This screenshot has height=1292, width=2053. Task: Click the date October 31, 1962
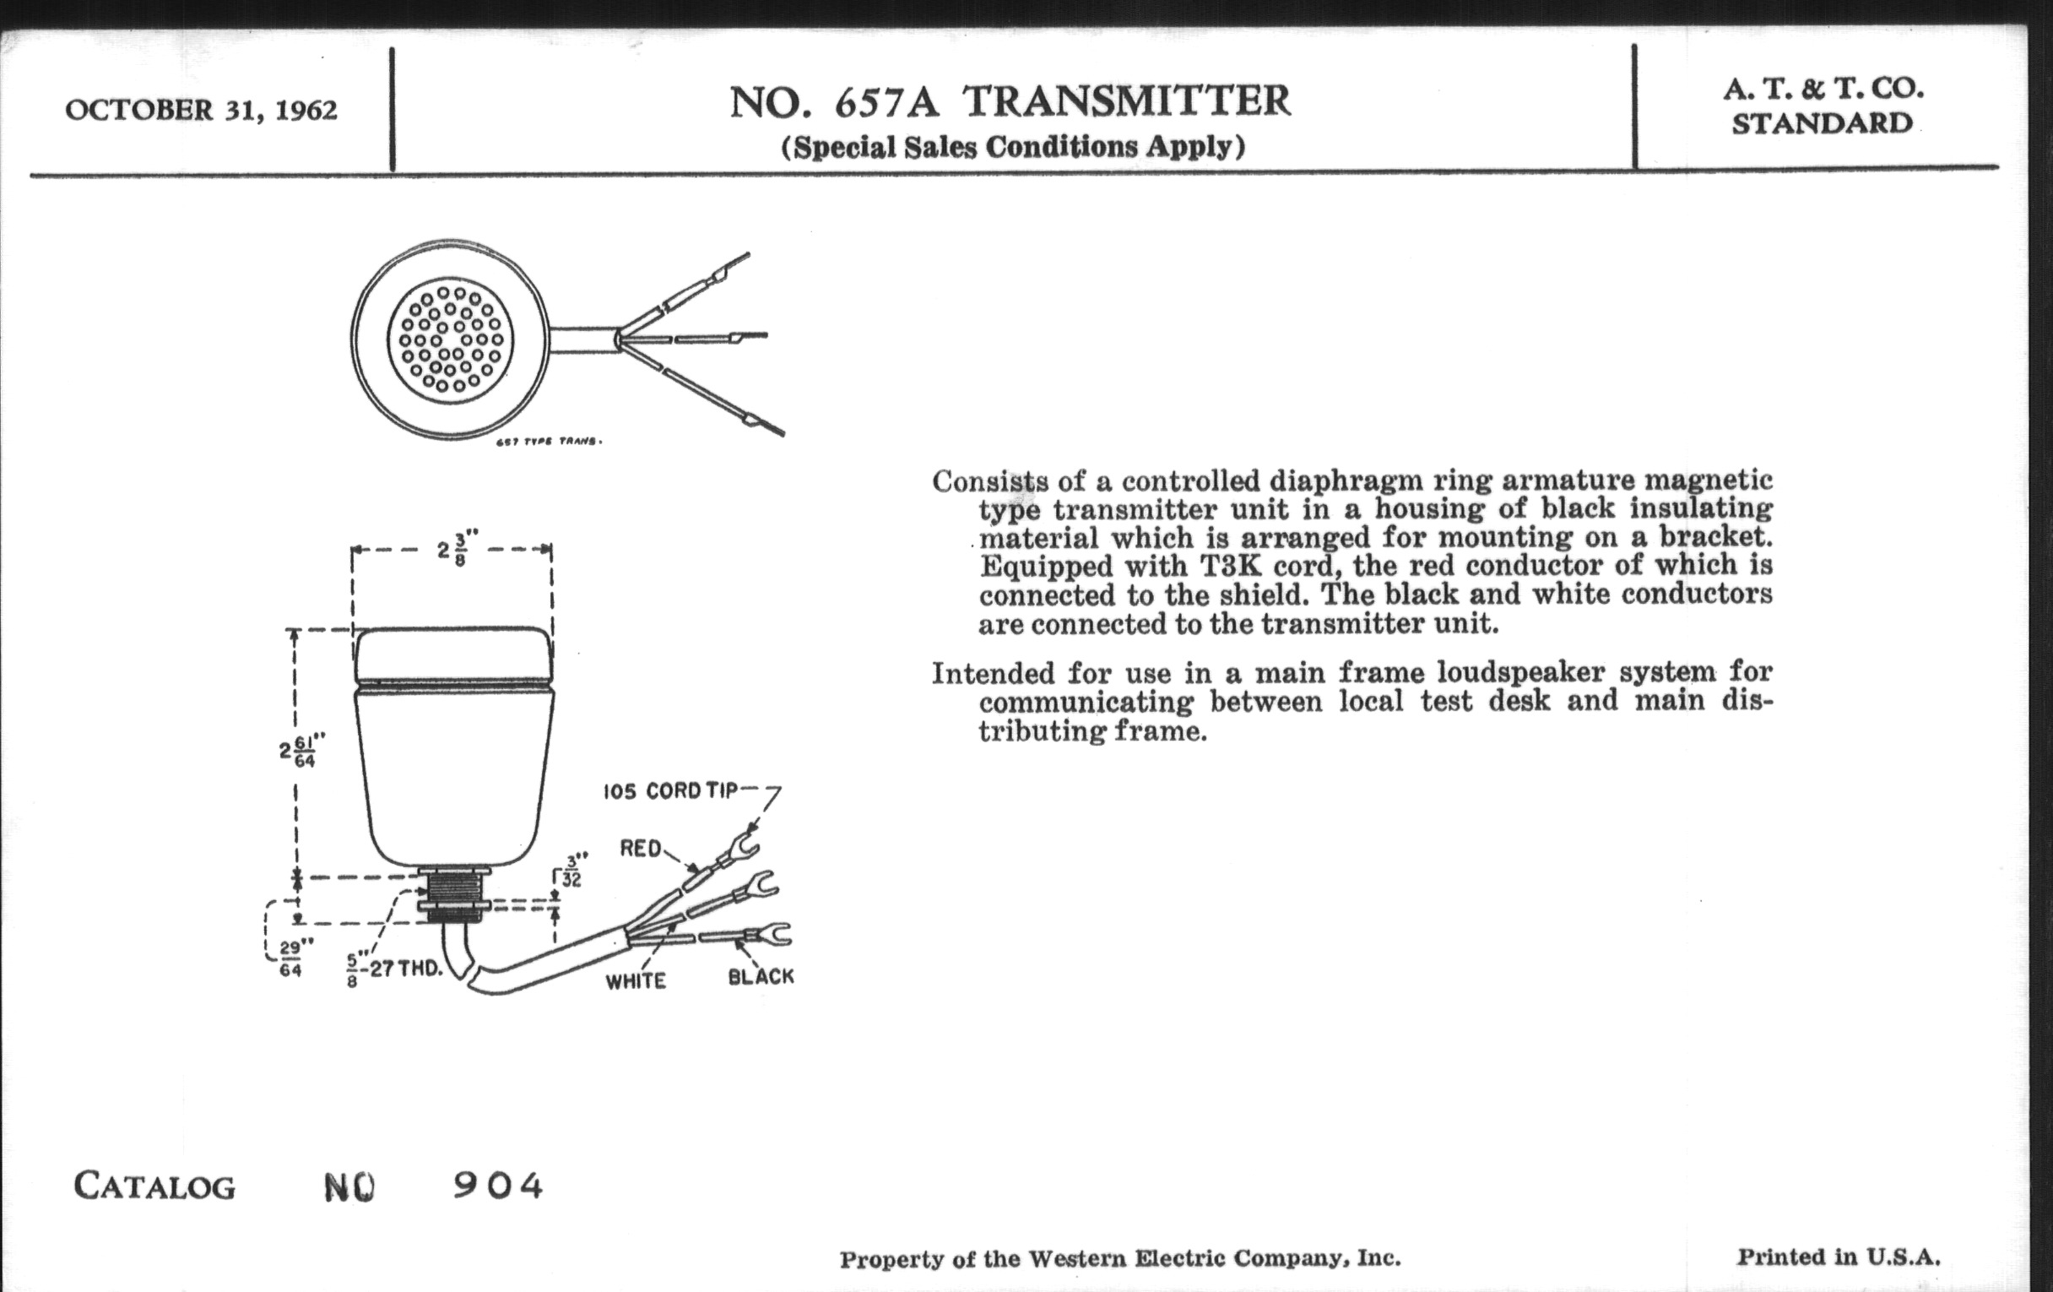[201, 110]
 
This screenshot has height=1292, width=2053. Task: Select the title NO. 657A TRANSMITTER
[1010, 101]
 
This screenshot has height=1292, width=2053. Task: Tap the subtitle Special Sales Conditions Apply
[1013, 148]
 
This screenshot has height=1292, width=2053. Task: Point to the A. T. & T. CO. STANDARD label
[1823, 106]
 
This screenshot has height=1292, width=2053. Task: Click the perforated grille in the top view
[450, 339]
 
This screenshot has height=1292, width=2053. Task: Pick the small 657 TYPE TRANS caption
[549, 442]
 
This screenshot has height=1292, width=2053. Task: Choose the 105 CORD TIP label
[670, 791]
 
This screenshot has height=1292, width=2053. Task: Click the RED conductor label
[641, 849]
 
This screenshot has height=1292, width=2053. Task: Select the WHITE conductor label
[636, 981]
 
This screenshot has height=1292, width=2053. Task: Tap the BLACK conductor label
[761, 977]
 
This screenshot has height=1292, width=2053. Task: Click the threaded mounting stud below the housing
[453, 895]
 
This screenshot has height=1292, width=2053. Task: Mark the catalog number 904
[498, 1186]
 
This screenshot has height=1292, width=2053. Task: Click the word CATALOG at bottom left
[154, 1186]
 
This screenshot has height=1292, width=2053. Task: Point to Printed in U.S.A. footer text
[1839, 1257]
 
